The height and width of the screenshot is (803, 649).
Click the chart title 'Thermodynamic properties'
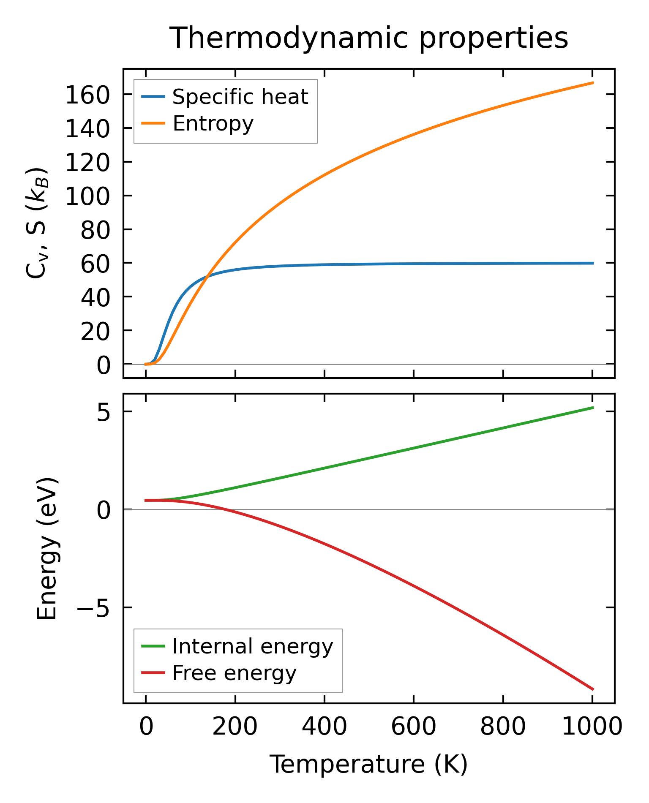tap(368, 38)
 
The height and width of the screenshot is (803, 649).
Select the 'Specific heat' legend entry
tap(240, 97)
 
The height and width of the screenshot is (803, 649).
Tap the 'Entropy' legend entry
tap(213, 124)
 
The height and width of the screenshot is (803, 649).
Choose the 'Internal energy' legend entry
tap(253, 647)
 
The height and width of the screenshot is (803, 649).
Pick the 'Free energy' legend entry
tap(235, 673)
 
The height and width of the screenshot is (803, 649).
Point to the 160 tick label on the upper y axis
tap(87, 96)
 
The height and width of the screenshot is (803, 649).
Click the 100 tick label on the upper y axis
tap(87, 197)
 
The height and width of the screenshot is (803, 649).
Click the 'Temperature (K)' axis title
tap(368, 765)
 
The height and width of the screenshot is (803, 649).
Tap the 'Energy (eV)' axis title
tap(47, 549)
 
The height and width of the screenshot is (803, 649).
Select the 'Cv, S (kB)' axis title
tap(37, 223)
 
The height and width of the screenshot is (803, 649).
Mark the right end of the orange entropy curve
tap(593, 83)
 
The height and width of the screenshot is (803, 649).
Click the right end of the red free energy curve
tap(593, 689)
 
